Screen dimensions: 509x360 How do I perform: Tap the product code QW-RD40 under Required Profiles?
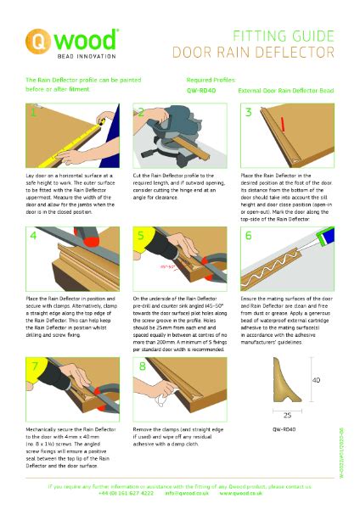pyautogui.click(x=200, y=88)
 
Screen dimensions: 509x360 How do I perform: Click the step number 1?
pyautogui.click(x=32, y=112)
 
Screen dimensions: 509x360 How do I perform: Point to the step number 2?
pyautogui.click(x=140, y=112)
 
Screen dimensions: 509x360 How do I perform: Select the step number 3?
pyautogui.click(x=248, y=112)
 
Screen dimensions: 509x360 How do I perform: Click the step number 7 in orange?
pyautogui.click(x=32, y=366)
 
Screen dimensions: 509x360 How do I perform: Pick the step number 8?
pyautogui.click(x=140, y=366)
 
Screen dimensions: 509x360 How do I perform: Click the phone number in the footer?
pyautogui.click(x=127, y=493)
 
